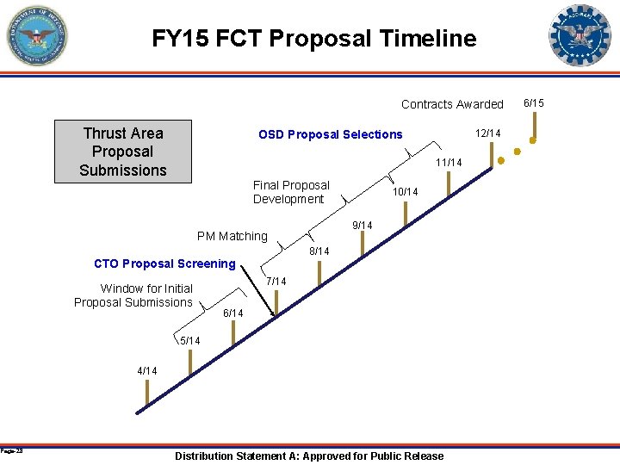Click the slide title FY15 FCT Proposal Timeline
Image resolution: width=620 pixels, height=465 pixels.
coord(313,39)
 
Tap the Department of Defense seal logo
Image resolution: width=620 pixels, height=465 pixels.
coord(36,36)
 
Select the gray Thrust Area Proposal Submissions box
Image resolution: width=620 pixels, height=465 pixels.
coord(123,152)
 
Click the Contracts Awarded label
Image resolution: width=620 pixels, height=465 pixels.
coord(452,104)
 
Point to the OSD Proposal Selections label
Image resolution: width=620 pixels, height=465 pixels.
coord(330,134)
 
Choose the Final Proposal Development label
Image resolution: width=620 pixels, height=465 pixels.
coord(291,192)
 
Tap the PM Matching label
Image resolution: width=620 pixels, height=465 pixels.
coord(232,236)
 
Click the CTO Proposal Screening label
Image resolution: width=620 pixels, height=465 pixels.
coord(164,263)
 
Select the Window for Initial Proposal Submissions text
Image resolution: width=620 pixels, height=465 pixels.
coord(133,295)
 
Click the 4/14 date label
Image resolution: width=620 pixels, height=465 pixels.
coord(147,370)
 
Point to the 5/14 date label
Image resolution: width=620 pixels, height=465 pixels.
coord(189,341)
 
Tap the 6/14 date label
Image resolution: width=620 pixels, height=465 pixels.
coord(233,313)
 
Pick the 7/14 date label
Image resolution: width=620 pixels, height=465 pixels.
coord(276,282)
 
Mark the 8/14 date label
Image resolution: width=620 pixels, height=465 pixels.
coord(319,251)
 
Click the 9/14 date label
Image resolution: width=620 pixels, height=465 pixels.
coord(363,226)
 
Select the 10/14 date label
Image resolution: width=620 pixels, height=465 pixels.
coord(405,192)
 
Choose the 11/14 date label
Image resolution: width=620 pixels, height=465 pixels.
coord(449,163)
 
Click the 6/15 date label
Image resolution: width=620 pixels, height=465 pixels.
coord(534,103)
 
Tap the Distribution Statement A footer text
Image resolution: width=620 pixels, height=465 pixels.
coord(309,456)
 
